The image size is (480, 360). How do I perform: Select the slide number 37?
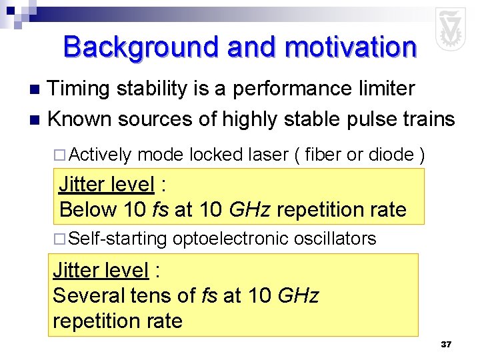[446, 345]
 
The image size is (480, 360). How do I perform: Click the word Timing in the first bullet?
[82, 89]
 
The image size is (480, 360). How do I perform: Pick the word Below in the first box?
[88, 209]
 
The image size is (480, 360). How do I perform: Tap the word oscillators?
[335, 239]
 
